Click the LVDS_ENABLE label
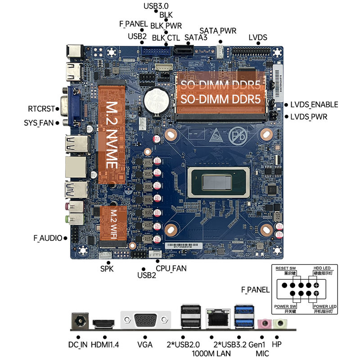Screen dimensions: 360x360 pos(314,105)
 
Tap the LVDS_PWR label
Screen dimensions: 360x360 pos(309,117)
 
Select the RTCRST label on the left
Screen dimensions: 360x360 pos(41,109)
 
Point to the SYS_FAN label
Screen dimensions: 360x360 pos(39,122)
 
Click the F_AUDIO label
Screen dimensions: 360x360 pos(48,238)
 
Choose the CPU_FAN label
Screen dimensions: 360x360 pos(171,268)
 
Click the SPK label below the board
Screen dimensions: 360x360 pos(107,269)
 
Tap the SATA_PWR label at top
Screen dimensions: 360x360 pos(218,31)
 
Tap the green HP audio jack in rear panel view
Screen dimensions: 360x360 pos(280,324)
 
